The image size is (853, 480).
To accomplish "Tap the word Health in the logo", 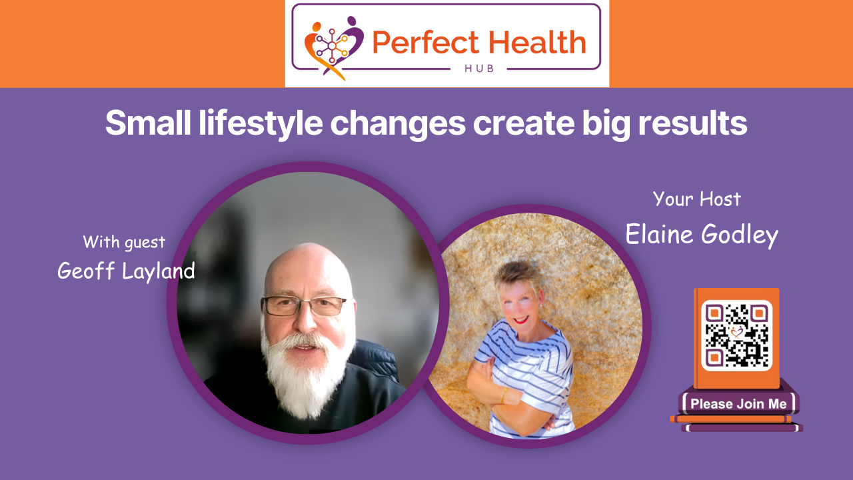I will point(534,43).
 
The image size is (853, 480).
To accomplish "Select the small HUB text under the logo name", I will point(478,69).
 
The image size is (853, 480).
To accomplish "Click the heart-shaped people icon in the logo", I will point(334,45).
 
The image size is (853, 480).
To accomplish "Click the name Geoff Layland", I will point(126,270).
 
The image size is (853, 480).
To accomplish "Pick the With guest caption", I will point(124,241).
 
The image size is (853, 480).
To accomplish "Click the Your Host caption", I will point(696,199).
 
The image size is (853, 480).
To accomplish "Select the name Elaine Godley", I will point(701,235).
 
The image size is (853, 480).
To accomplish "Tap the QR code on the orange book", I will point(736,335).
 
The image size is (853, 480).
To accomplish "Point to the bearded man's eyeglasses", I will point(303,305).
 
